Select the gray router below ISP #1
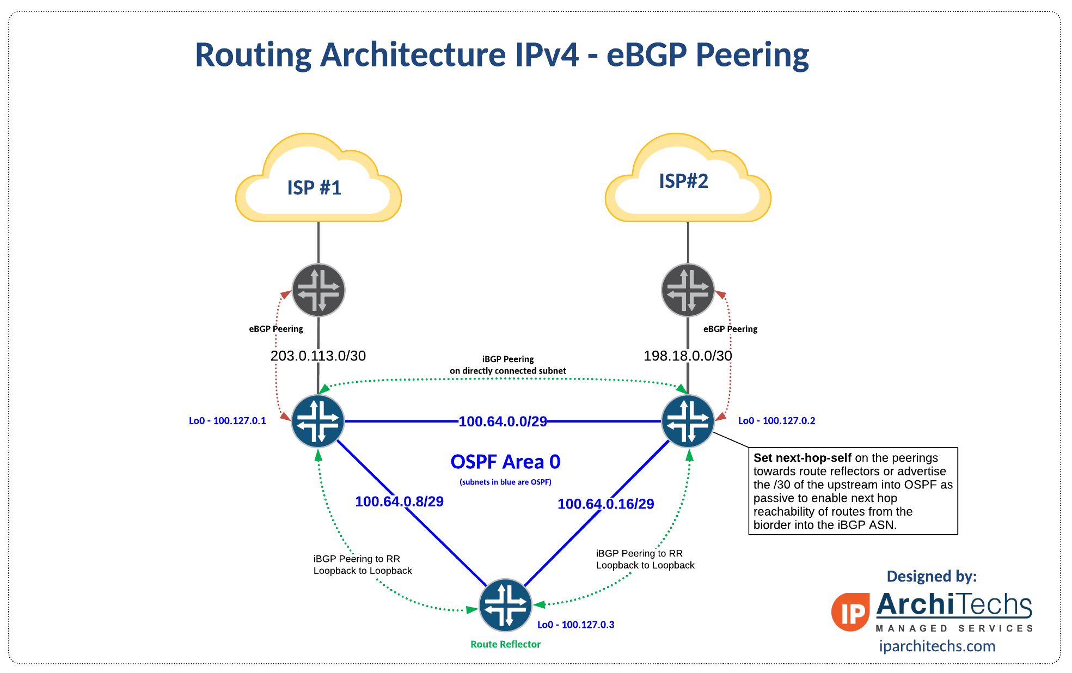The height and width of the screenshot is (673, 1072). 318,290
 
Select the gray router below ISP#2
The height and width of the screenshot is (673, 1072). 688,290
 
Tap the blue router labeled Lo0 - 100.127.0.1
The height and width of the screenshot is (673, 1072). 318,421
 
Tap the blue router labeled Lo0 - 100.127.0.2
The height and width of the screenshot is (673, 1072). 688,421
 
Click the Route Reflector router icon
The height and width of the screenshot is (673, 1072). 505,605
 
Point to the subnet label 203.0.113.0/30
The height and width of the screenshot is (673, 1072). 318,356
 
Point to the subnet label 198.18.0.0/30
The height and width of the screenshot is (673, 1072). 688,356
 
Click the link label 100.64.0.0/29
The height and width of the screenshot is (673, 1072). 503,421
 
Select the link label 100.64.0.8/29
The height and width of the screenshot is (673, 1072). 399,501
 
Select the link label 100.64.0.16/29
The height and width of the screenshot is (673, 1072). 605,504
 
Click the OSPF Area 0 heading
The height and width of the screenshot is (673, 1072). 505,462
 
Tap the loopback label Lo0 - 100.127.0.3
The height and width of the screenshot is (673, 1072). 575,625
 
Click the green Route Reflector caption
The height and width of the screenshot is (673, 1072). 505,644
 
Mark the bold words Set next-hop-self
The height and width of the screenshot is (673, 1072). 802,458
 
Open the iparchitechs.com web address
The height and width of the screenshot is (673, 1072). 937,646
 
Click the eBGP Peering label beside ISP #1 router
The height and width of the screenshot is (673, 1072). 276,329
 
